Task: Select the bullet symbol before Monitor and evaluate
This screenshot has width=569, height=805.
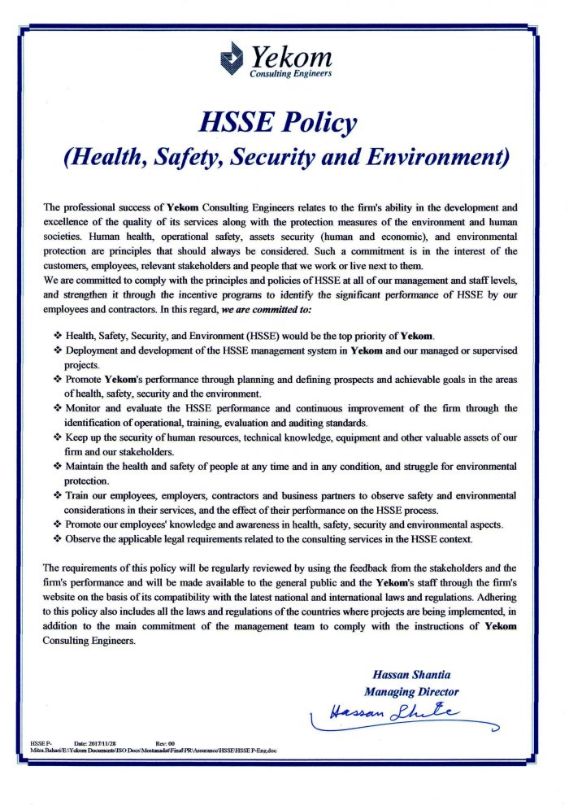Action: tap(58, 408)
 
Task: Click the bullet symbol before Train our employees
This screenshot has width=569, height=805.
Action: tap(58, 495)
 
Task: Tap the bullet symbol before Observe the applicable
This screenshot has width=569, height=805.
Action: tap(58, 539)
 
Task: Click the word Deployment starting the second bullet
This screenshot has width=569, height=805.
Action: tap(93, 350)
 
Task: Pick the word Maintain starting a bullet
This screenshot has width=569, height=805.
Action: tap(88, 466)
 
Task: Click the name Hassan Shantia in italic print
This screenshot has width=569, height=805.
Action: tap(410, 676)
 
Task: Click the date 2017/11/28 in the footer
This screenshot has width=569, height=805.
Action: tap(95, 743)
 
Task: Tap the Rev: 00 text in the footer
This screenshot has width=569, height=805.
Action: tap(165, 743)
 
